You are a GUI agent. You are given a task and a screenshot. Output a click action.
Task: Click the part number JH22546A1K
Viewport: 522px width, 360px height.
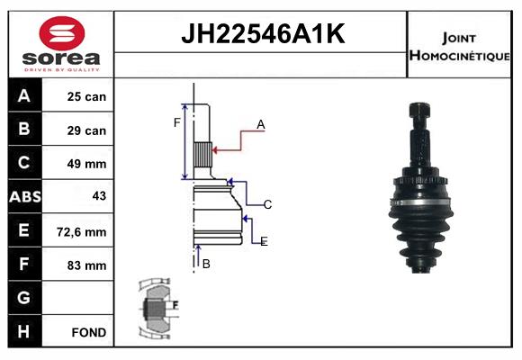tap(263, 34)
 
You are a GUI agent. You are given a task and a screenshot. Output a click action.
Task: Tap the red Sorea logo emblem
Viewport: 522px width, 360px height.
tap(62, 33)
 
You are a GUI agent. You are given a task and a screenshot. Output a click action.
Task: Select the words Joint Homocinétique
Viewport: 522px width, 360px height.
tap(459, 47)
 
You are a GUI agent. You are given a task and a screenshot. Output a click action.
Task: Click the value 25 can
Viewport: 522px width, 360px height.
tap(86, 96)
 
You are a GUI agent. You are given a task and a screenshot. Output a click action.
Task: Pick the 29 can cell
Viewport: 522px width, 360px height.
tap(86, 130)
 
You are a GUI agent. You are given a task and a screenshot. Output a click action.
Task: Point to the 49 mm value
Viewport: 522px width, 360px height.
tap(86, 164)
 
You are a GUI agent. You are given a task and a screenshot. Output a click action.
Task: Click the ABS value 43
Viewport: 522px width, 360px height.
tap(99, 196)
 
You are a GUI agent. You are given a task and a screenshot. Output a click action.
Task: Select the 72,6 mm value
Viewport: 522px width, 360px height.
tap(82, 232)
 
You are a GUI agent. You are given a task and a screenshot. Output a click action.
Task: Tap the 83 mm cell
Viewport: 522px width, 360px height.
tap(86, 265)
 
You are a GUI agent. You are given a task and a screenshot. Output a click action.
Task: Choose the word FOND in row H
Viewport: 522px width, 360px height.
tap(89, 332)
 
